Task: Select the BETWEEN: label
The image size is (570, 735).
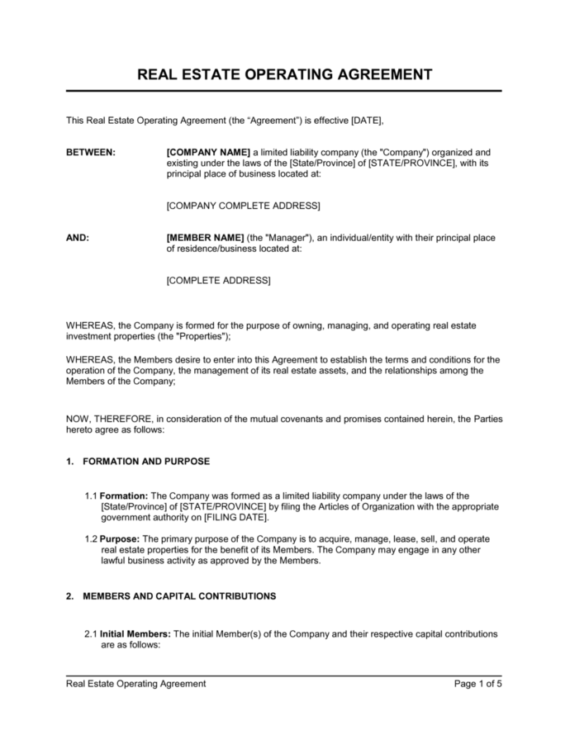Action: point(91,153)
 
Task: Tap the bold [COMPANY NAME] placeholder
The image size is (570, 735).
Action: point(208,153)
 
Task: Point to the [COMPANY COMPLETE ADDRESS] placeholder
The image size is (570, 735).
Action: point(243,205)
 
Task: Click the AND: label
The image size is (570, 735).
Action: point(78,238)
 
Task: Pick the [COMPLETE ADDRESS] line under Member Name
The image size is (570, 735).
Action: point(218,281)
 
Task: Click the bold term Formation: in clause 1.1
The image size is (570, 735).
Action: point(126,496)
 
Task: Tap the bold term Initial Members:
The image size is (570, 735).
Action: point(135,634)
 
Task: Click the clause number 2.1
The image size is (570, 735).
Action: point(91,634)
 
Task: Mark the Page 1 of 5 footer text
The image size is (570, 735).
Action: point(478,684)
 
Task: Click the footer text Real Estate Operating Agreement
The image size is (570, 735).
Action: point(136,684)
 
